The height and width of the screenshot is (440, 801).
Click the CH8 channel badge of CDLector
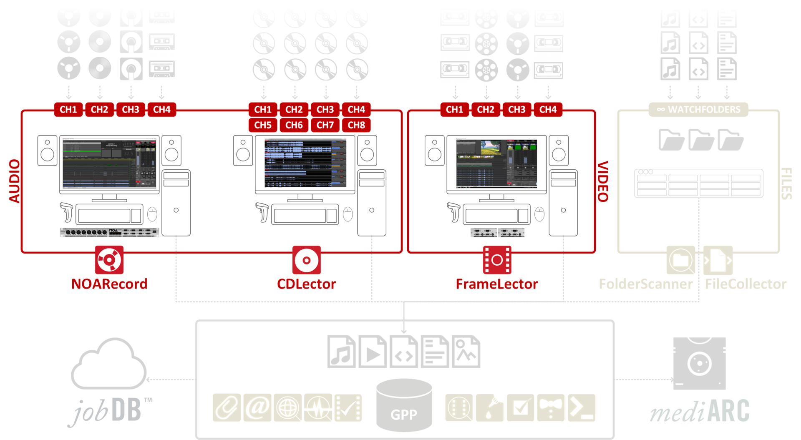tap(356, 125)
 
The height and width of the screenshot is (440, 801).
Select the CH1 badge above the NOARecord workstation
tap(68, 109)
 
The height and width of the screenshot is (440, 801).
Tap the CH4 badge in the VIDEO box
tap(548, 109)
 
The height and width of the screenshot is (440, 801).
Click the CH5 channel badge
tap(263, 125)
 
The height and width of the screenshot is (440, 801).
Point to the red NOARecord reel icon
tap(109, 260)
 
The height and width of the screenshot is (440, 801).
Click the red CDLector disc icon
tap(306, 260)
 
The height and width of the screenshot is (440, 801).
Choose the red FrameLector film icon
tap(497, 260)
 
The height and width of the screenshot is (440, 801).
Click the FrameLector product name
tap(496, 284)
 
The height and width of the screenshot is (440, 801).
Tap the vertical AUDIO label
tap(15, 181)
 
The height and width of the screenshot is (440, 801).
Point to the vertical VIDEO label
tap(603, 181)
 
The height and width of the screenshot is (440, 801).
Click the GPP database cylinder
tap(404, 405)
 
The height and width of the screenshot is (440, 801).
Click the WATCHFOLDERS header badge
tap(698, 109)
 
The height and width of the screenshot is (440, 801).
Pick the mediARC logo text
tap(700, 411)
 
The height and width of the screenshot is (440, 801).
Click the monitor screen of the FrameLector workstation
tap(496, 163)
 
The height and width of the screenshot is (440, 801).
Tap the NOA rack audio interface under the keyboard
tap(109, 232)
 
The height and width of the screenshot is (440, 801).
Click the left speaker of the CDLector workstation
tap(243, 151)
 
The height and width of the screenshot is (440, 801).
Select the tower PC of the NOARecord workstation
tap(176, 203)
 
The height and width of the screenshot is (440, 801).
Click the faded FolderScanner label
tap(645, 284)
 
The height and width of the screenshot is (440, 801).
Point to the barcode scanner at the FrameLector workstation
tap(453, 212)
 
